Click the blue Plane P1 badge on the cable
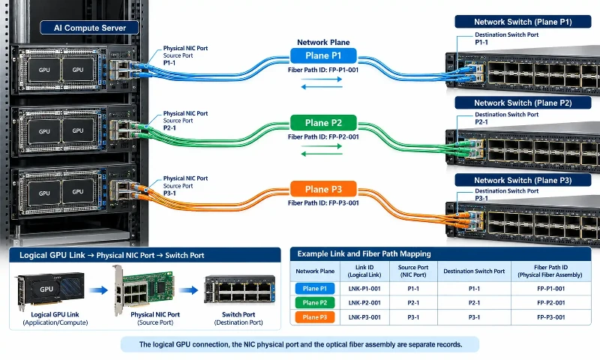pyautogui.click(x=323, y=55)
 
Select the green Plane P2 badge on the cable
pyautogui.click(x=323, y=123)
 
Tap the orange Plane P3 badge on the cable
pyautogui.click(x=323, y=189)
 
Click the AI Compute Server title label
pyautogui.click(x=89, y=28)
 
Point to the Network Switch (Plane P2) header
pyautogui.click(x=523, y=103)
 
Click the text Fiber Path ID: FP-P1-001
pyautogui.click(x=323, y=70)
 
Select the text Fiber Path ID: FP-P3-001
pyautogui.click(x=323, y=203)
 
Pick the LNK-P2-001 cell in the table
pyautogui.click(x=364, y=303)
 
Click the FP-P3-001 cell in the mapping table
pyautogui.click(x=551, y=317)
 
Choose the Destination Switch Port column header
pyautogui.click(x=474, y=271)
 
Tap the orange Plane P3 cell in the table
pyautogui.click(x=315, y=317)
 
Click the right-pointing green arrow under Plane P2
pyautogui.click(x=322, y=146)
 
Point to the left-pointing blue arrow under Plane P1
pyautogui.click(x=322, y=87)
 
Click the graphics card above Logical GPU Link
pyautogui.click(x=50, y=290)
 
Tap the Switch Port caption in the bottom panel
pyautogui.click(x=238, y=314)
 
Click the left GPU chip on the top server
pyautogui.click(x=44, y=70)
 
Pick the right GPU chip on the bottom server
pyautogui.click(x=78, y=192)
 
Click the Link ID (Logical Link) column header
pyautogui.click(x=364, y=271)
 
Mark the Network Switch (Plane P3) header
pyautogui.click(x=523, y=180)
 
